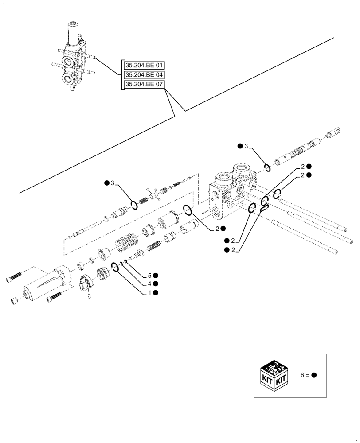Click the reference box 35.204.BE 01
pos(144,65)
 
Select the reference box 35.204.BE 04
pos(144,75)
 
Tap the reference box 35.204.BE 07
pos(144,85)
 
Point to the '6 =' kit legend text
pos(305,375)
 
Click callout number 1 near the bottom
pos(149,293)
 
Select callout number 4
pos(149,284)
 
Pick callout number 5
pos(149,276)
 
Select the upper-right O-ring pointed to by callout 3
pos(267,167)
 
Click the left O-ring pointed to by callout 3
pos(133,205)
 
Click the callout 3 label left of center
pos(113,183)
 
